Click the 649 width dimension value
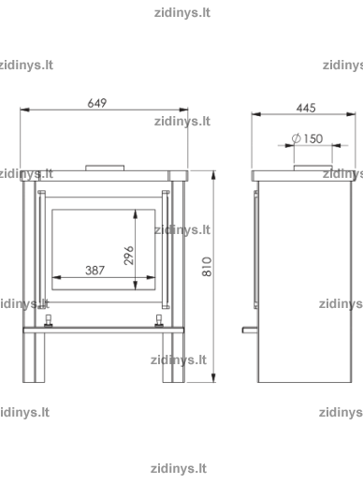tap(97, 103)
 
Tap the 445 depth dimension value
tap(306, 108)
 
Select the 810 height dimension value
tap(207, 267)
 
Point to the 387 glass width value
tap(94, 271)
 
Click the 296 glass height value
tap(129, 256)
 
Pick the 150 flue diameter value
tap(313, 139)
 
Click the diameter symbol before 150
tap(297, 139)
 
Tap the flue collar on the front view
tap(105, 168)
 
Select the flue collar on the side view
tap(312, 168)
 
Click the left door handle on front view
tap(41, 249)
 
